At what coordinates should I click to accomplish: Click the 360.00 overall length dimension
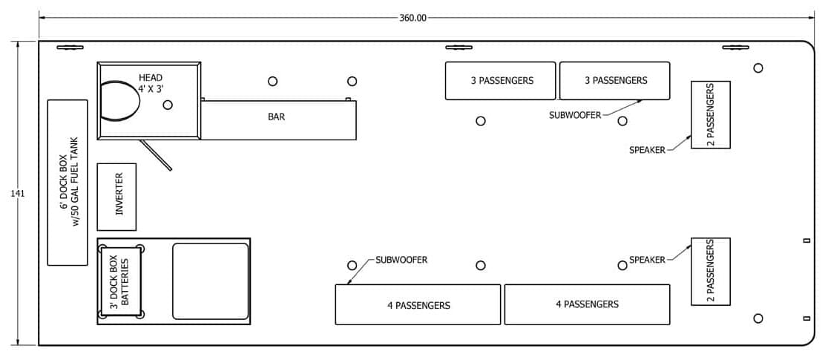click(x=413, y=17)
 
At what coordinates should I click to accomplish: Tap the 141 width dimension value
click(x=17, y=194)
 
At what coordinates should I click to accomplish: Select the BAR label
click(x=276, y=117)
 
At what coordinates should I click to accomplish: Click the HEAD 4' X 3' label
click(x=151, y=83)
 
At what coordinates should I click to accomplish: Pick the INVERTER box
click(x=116, y=197)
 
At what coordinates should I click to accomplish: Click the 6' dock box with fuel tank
click(x=68, y=183)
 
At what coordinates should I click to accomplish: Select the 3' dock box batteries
click(x=121, y=282)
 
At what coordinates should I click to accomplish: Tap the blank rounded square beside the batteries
click(x=211, y=281)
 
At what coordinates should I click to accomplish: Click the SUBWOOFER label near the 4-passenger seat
click(x=401, y=260)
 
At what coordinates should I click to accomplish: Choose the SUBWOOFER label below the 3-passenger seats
click(x=575, y=115)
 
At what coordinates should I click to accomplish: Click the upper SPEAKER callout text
click(x=647, y=150)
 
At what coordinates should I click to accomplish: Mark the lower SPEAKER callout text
click(x=647, y=260)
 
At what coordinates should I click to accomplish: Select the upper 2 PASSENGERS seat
click(x=710, y=115)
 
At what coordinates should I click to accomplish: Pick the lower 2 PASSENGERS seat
click(x=710, y=272)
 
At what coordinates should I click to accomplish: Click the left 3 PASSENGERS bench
click(x=500, y=80)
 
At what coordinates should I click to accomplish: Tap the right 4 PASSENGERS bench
click(x=587, y=304)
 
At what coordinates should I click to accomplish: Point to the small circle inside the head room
click(x=168, y=105)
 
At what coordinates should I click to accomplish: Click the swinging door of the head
click(x=156, y=155)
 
